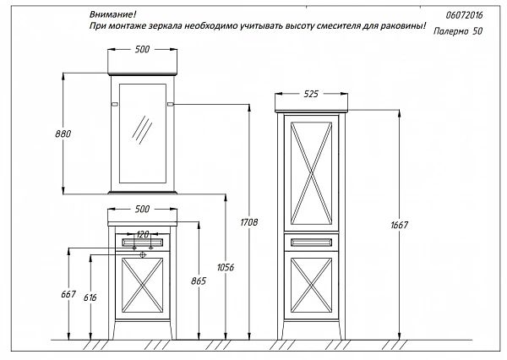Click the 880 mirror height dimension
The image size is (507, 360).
click(63, 134)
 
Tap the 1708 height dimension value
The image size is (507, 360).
click(249, 222)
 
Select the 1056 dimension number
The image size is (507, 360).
click(226, 267)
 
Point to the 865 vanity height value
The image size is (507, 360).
click(199, 281)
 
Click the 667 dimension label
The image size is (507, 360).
click(68, 294)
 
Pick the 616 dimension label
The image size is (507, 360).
click(90, 297)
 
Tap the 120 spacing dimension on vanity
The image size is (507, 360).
click(142, 234)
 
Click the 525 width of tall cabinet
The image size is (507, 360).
click(311, 94)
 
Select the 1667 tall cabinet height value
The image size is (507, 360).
click(400, 225)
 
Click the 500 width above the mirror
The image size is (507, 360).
click(142, 49)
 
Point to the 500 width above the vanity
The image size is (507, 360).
click(142, 209)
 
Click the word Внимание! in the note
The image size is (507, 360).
click(113, 14)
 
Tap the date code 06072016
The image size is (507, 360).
click(464, 15)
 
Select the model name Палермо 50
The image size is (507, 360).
click(458, 31)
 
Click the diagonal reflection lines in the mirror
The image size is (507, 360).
click(142, 129)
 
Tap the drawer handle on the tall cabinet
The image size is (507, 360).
click(311, 243)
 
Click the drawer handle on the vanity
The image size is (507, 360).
click(142, 243)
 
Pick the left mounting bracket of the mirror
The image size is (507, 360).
click(114, 104)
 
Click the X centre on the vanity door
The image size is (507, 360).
click(142, 285)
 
